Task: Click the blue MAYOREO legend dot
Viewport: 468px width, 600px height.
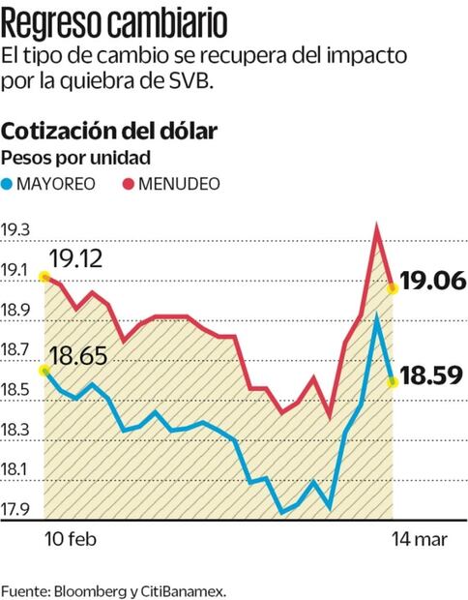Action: click(9, 183)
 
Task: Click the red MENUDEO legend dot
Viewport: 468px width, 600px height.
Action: click(128, 183)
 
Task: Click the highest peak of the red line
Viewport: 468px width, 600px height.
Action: click(376, 225)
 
